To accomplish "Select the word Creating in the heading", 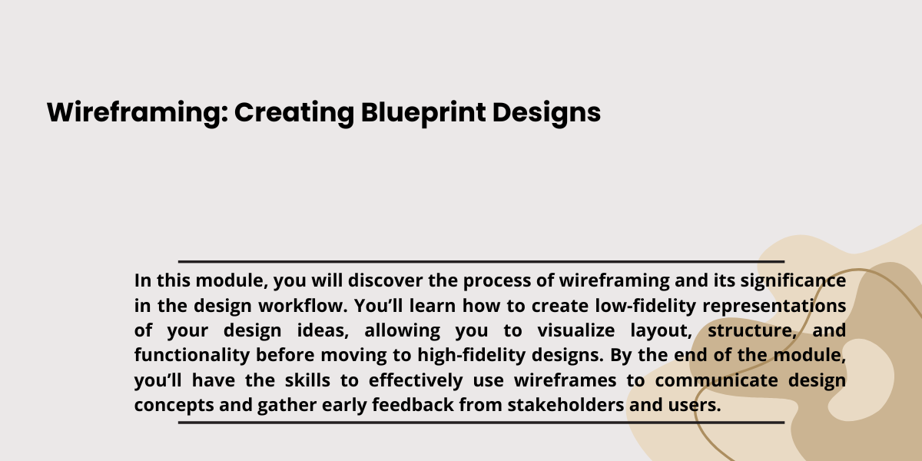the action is (294, 113).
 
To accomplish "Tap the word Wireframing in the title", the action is (138, 113).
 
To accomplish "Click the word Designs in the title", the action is (546, 113).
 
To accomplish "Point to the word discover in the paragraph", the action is (385, 280).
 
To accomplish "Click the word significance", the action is (793, 281).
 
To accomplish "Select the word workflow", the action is (303, 306).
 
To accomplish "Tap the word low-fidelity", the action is (645, 307).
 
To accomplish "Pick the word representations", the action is (774, 307).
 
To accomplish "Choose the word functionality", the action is (192, 356).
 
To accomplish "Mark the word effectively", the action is (416, 380).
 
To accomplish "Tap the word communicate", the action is (716, 380).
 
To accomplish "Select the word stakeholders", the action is (565, 405).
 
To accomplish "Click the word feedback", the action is (413, 405).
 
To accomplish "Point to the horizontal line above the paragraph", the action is (481, 261).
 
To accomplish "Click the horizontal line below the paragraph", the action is (481, 423).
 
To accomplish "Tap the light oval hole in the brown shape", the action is (861, 380).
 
